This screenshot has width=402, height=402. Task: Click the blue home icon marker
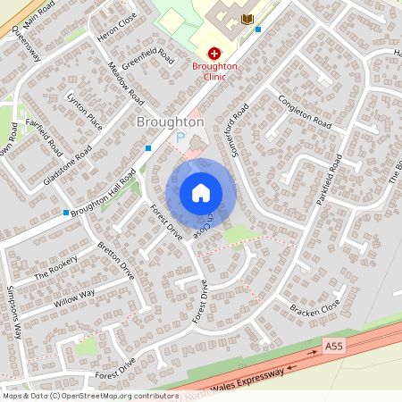point(201,192)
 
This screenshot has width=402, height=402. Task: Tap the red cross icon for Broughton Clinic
point(214,54)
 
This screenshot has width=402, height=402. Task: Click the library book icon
point(247,19)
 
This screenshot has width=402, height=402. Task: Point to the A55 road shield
point(332,345)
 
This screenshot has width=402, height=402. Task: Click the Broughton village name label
point(170,121)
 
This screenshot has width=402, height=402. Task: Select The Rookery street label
point(56,269)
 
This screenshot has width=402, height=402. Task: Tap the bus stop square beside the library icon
point(258,29)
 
